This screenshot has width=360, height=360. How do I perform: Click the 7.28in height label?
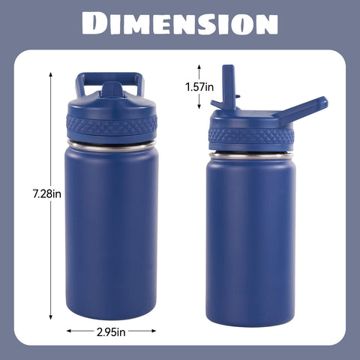[47, 194]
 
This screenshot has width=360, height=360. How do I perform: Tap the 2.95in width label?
[111, 332]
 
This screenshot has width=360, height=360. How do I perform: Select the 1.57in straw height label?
[199, 87]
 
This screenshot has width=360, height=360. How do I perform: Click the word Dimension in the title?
[180, 23]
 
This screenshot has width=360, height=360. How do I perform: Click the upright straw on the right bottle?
[228, 86]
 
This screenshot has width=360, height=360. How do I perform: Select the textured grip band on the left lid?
[112, 125]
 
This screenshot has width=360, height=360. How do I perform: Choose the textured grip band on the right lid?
[251, 136]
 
